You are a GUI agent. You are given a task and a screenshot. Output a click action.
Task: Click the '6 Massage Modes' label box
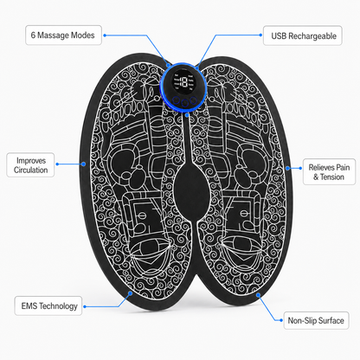(x=63, y=35)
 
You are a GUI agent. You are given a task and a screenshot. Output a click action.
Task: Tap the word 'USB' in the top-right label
(x=279, y=36)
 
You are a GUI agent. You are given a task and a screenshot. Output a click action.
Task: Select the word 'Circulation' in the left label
(x=31, y=170)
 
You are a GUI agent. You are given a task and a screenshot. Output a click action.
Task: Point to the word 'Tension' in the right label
(x=332, y=177)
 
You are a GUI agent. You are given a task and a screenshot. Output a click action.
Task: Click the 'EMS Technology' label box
(x=48, y=305)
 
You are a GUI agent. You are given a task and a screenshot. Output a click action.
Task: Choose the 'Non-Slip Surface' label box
(x=316, y=320)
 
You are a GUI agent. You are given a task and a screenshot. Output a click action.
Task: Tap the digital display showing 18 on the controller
(x=183, y=82)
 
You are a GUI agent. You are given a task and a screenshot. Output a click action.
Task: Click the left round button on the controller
(x=176, y=100)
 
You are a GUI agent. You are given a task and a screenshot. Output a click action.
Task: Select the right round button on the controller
(x=193, y=100)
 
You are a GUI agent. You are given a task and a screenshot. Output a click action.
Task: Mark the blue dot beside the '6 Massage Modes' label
(x=105, y=35)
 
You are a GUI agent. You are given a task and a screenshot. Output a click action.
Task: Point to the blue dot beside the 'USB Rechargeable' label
(x=260, y=35)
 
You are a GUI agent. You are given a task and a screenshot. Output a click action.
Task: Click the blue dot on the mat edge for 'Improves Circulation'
(x=83, y=164)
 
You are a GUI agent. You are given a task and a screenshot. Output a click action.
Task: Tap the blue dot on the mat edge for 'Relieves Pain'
(x=287, y=168)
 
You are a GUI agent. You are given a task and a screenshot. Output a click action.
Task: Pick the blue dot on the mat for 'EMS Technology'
(x=131, y=293)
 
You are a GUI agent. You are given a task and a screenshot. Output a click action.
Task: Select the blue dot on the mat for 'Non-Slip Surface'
(x=258, y=294)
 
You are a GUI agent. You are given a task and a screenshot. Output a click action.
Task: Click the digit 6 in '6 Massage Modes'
(x=33, y=35)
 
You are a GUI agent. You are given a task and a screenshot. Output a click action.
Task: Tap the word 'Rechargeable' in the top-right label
(x=312, y=36)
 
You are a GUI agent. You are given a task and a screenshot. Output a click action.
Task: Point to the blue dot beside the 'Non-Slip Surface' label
(x=281, y=320)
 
